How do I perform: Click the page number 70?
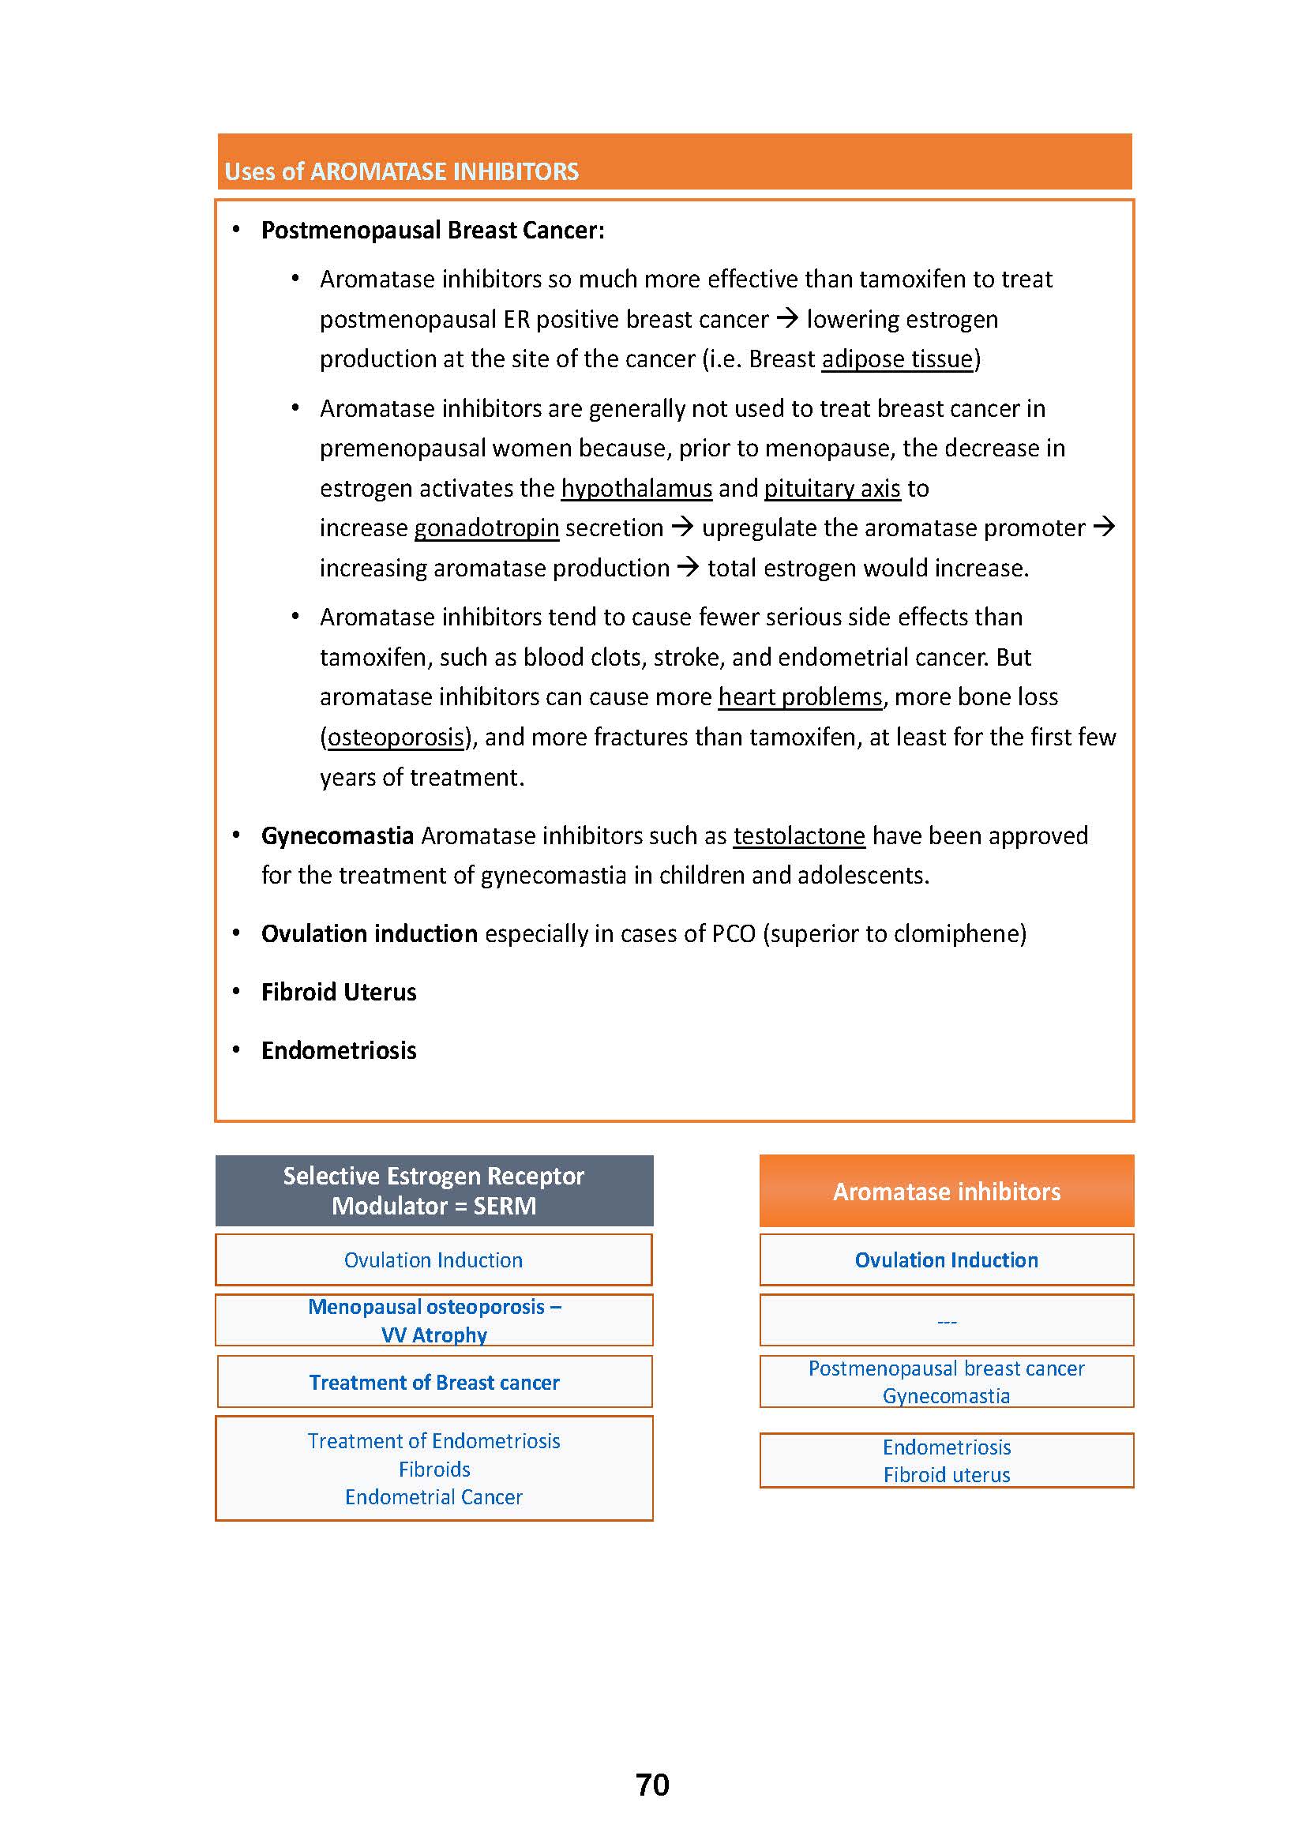pyautogui.click(x=652, y=1785)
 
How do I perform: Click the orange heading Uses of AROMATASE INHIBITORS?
pyautogui.click(x=401, y=171)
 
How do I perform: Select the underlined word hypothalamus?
pyautogui.click(x=636, y=488)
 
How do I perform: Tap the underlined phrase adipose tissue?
pyautogui.click(x=897, y=359)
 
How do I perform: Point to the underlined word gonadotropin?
pyautogui.click(x=486, y=528)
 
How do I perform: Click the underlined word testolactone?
pyautogui.click(x=798, y=835)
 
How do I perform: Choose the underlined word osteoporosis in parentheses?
pyautogui.click(x=396, y=738)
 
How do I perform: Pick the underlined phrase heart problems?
pyautogui.click(x=800, y=697)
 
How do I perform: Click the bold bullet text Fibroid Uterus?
pyautogui.click(x=339, y=992)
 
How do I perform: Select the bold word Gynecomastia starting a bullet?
pyautogui.click(x=337, y=835)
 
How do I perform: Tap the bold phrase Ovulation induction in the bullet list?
pyautogui.click(x=369, y=934)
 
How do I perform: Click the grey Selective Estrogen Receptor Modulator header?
pyautogui.click(x=433, y=1191)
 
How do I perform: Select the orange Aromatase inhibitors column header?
pyautogui.click(x=947, y=1192)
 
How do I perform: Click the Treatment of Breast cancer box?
pyautogui.click(x=434, y=1383)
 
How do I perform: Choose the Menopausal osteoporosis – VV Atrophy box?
pyautogui.click(x=434, y=1321)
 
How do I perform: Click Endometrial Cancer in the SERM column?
pyautogui.click(x=433, y=1497)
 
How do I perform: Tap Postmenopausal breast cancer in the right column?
pyautogui.click(x=947, y=1369)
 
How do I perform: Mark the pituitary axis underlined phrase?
pyautogui.click(x=831, y=488)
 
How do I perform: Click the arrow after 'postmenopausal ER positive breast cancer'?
pyautogui.click(x=786, y=318)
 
